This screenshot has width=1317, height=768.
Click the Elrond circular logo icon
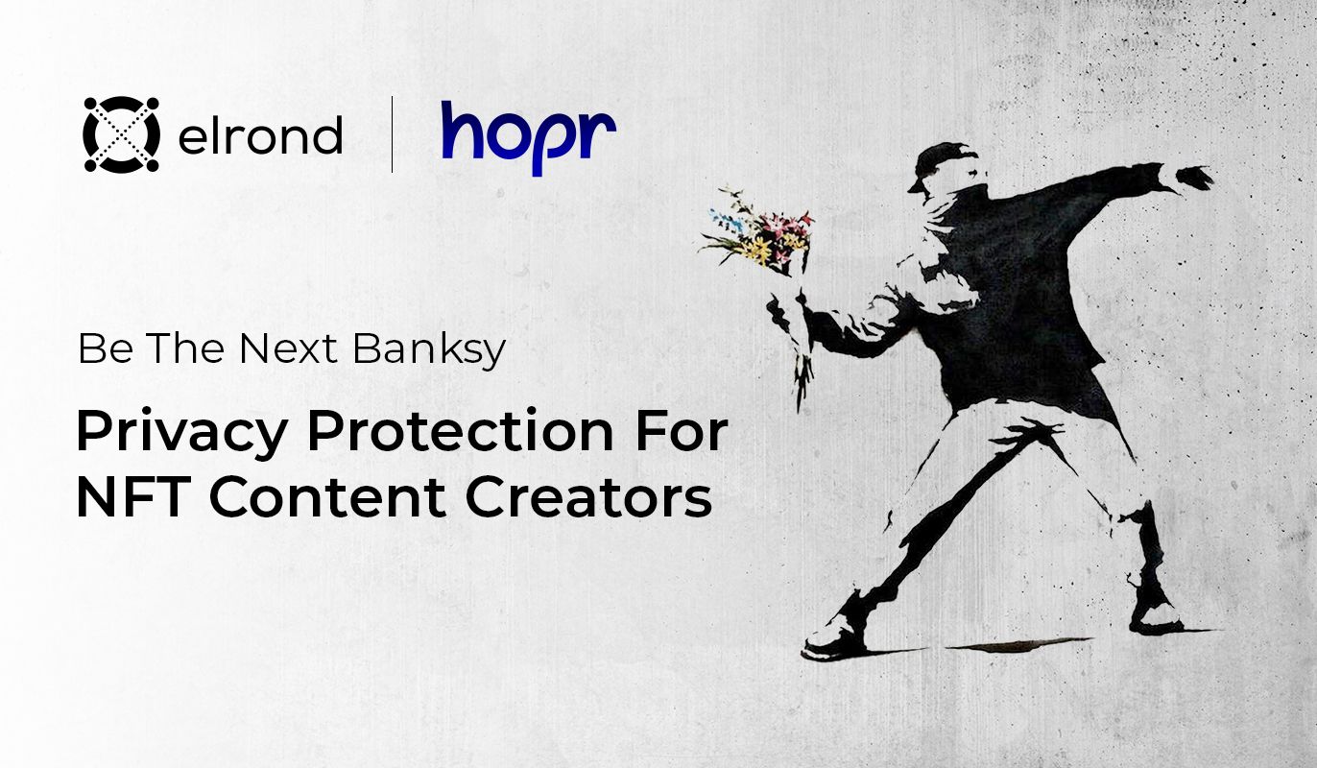(122, 134)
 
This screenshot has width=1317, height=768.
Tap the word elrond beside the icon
(260, 134)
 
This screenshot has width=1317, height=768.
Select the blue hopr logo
(529, 138)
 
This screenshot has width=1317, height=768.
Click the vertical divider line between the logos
(393, 134)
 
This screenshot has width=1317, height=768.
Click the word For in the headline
(681, 432)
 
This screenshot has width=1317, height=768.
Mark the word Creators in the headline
(588, 497)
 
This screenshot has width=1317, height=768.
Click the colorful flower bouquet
(758, 232)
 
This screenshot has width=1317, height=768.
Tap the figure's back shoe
(1157, 615)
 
